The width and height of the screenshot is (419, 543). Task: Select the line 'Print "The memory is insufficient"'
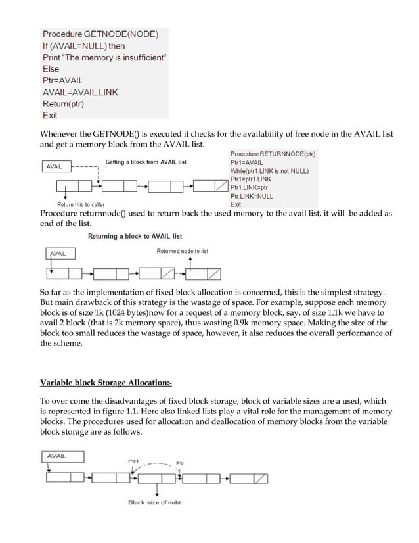[104, 57]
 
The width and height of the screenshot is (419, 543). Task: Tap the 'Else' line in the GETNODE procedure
[51, 68]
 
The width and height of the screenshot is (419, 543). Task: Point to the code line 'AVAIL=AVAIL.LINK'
[80, 92]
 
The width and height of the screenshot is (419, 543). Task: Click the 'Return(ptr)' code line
[63, 103]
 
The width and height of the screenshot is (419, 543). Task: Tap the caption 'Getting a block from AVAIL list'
[146, 162]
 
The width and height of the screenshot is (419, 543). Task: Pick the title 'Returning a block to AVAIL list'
[135, 236]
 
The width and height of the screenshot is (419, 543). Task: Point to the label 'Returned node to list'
[183, 251]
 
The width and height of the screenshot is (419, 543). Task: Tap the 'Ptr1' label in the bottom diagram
[133, 461]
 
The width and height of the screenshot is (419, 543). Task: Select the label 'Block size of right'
[154, 503]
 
